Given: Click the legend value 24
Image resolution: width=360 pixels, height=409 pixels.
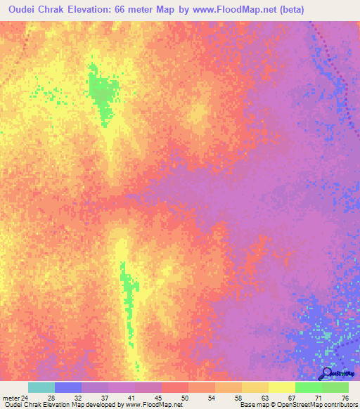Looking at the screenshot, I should pos(25,398).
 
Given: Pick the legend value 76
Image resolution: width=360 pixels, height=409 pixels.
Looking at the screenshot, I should pos(345,398).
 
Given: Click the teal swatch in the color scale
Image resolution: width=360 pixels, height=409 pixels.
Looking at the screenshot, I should pos(41,387).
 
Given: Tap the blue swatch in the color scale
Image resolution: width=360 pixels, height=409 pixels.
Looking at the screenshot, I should pos(68,387).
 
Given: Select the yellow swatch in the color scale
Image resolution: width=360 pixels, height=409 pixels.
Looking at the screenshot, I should pos(282,387).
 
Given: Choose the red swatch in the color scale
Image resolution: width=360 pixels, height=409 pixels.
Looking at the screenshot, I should pos(175,387).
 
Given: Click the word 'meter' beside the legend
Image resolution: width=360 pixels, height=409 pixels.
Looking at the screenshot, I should pos(10,398).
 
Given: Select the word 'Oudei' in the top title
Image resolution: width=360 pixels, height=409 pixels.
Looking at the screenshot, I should pos(23,10).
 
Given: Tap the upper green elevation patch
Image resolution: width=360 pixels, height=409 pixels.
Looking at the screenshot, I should pos(102,91).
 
